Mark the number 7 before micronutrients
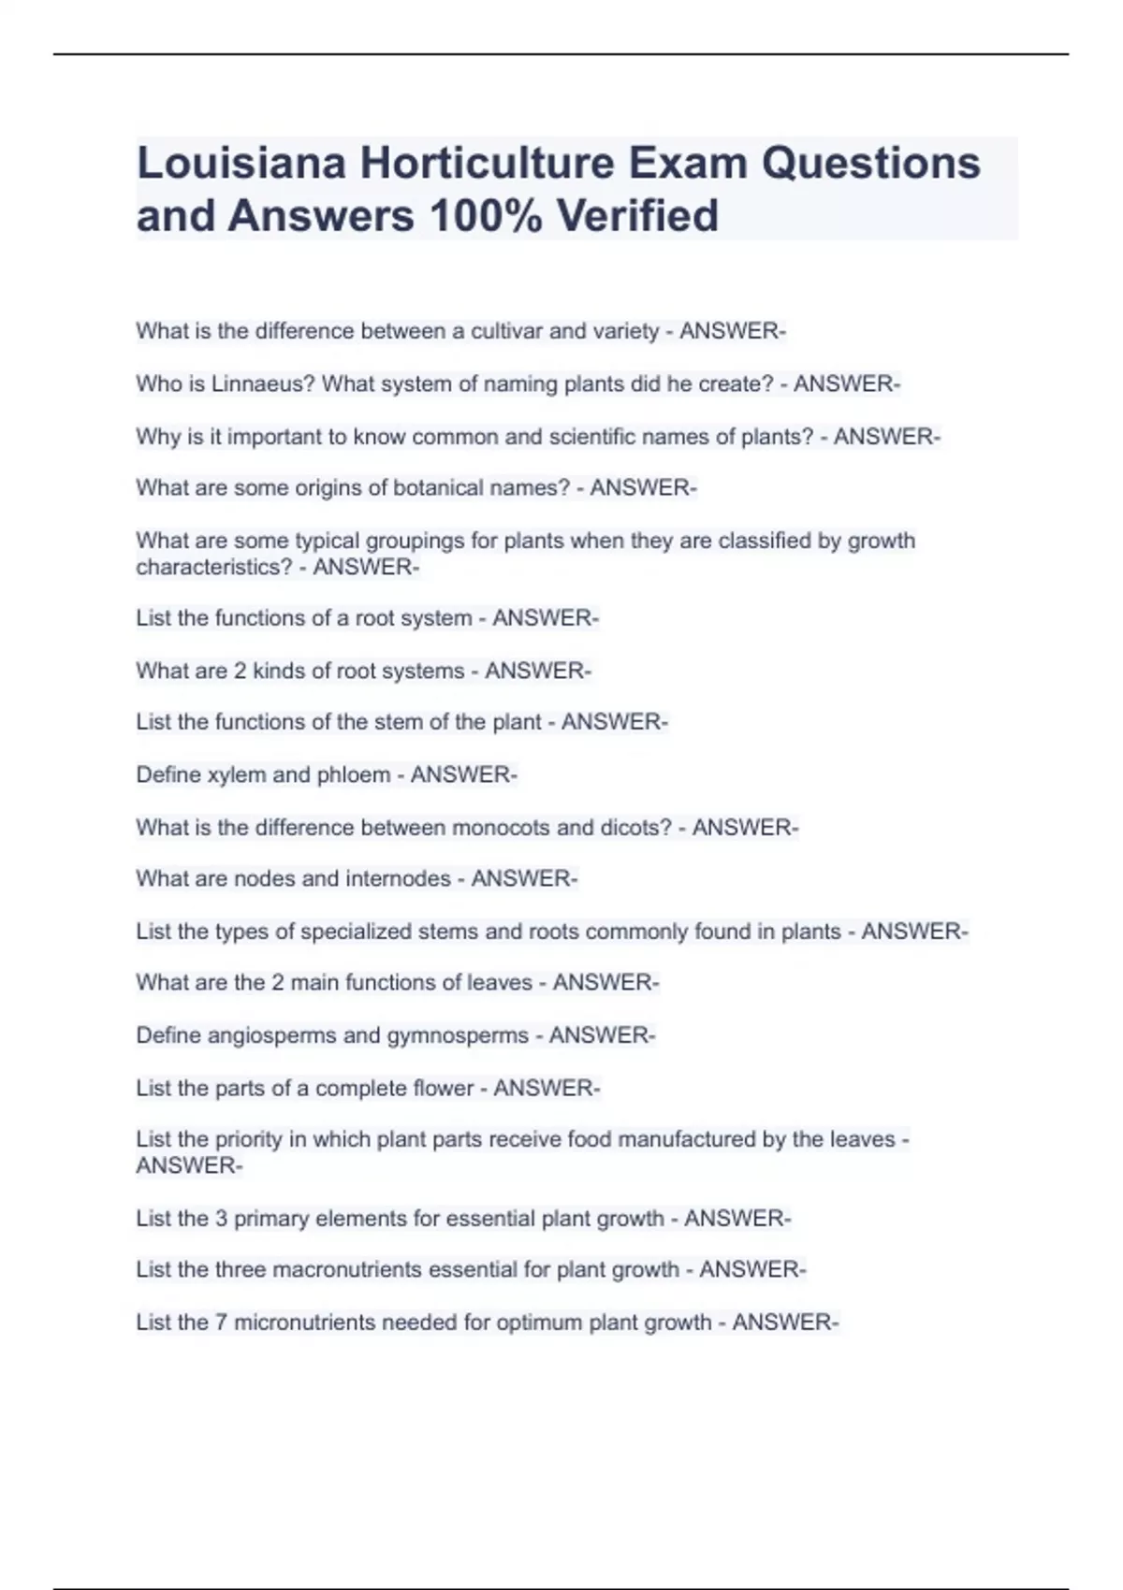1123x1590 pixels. click(x=221, y=1322)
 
